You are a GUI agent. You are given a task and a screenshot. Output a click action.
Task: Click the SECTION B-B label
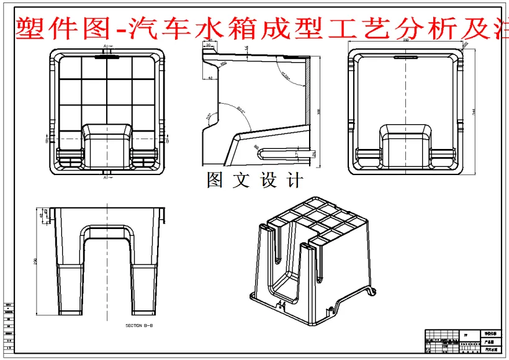(x=138, y=325)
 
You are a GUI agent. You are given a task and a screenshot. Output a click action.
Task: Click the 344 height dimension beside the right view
(x=475, y=110)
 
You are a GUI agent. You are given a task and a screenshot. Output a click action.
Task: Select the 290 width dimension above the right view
(x=405, y=40)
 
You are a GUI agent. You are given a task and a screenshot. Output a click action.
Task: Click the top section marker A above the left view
(x=106, y=47)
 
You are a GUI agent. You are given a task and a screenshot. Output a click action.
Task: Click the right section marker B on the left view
(x=168, y=141)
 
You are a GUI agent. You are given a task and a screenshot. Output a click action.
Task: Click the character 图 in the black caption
(x=215, y=181)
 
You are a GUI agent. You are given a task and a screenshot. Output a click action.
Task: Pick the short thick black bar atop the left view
(x=107, y=55)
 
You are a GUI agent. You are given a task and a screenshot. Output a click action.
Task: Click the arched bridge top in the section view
(x=106, y=230)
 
